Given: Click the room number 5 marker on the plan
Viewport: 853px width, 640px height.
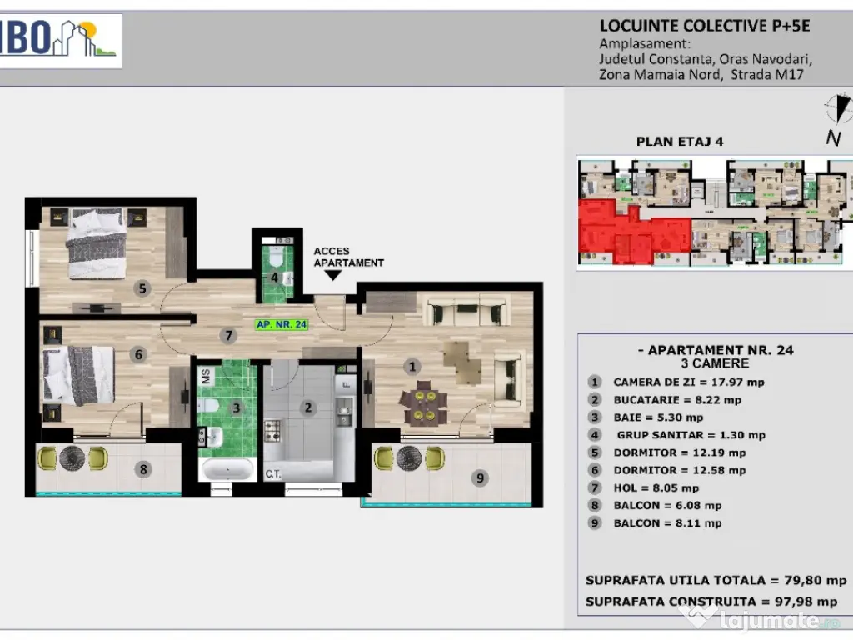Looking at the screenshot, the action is [x=142, y=287].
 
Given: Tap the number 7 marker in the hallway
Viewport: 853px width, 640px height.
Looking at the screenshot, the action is [x=228, y=335].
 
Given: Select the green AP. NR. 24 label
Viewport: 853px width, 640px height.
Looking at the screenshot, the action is [x=282, y=324].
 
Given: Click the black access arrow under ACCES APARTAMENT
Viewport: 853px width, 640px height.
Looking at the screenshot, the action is [x=332, y=275].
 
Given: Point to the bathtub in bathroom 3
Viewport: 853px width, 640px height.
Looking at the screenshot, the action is [x=227, y=469].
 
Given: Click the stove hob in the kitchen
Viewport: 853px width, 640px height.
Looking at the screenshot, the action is [x=272, y=431].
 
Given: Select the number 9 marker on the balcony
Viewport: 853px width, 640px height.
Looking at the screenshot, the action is [x=480, y=477].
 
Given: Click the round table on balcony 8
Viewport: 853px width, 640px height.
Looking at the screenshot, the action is [x=72, y=458].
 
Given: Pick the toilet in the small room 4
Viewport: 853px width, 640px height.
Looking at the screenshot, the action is [x=276, y=255].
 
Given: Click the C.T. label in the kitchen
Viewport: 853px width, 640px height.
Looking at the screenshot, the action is [x=273, y=474].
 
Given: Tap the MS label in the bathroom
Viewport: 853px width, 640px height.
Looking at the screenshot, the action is [x=206, y=376].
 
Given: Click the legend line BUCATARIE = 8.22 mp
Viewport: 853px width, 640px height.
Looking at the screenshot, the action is [x=677, y=400].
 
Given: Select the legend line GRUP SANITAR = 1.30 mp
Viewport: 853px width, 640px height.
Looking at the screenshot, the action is [x=691, y=435].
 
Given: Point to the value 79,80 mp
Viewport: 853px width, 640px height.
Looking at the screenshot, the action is [x=815, y=581].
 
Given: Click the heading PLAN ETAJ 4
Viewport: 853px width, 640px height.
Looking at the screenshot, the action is [x=680, y=142].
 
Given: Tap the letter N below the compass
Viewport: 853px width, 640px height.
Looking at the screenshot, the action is [x=833, y=138].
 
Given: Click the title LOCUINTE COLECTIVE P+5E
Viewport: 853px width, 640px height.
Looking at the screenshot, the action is [x=705, y=26].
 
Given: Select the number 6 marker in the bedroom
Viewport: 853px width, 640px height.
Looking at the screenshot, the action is [x=138, y=355].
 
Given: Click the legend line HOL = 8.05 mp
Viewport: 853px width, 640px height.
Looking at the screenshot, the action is [x=656, y=488].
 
